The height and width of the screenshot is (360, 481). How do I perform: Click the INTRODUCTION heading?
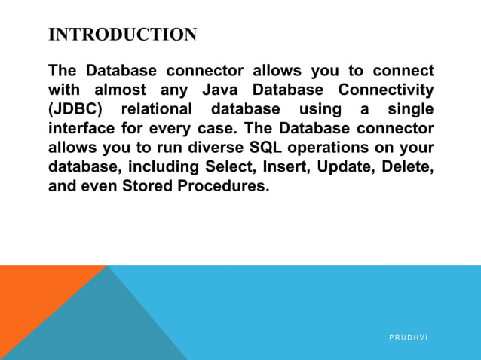coord(122,35)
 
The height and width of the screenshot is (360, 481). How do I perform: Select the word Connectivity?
coord(388,90)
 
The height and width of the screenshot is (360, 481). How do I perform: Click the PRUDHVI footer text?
coord(408,337)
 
